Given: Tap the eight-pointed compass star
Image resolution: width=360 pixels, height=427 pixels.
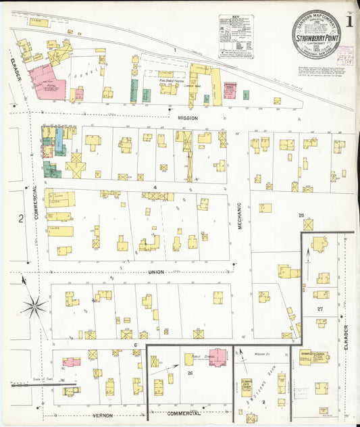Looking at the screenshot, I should [x=34, y=307].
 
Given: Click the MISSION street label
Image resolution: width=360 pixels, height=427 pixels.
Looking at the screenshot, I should [x=187, y=118].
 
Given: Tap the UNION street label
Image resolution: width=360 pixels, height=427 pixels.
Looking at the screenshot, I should [x=157, y=272].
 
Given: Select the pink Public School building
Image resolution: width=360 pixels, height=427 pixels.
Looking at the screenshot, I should [x=217, y=357].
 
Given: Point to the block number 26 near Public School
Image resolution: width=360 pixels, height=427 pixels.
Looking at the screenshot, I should [x=190, y=373].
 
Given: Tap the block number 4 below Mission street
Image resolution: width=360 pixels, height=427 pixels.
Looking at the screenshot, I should [x=155, y=186].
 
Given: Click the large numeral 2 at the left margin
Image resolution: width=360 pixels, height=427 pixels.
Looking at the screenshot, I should [x=21, y=218].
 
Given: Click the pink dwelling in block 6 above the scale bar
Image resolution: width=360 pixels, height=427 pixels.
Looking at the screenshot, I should [x=72, y=362].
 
